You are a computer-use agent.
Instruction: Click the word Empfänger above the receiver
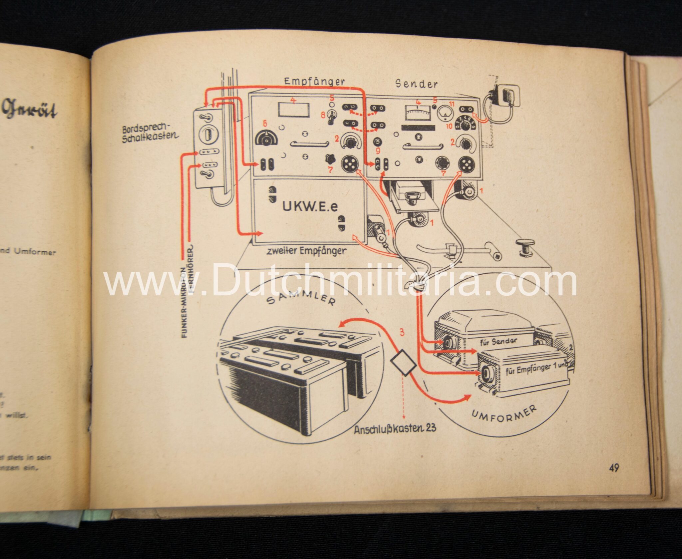[314, 82]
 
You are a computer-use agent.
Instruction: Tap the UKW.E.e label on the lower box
[310, 207]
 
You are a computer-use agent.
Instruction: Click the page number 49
[614, 468]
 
